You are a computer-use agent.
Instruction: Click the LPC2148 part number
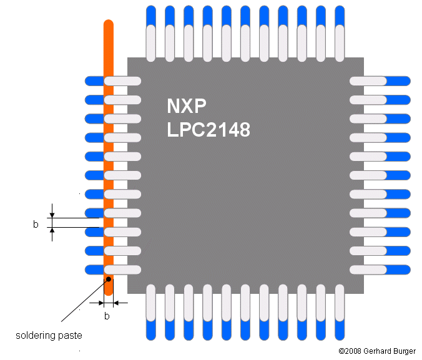(208, 130)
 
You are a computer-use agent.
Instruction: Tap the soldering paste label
(49, 336)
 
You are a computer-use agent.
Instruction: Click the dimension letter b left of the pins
(36, 224)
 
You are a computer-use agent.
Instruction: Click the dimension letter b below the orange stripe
(107, 316)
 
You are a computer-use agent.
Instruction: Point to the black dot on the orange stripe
(109, 279)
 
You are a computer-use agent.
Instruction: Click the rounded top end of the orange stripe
(108, 25)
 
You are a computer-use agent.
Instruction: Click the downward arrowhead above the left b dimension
(52, 213)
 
